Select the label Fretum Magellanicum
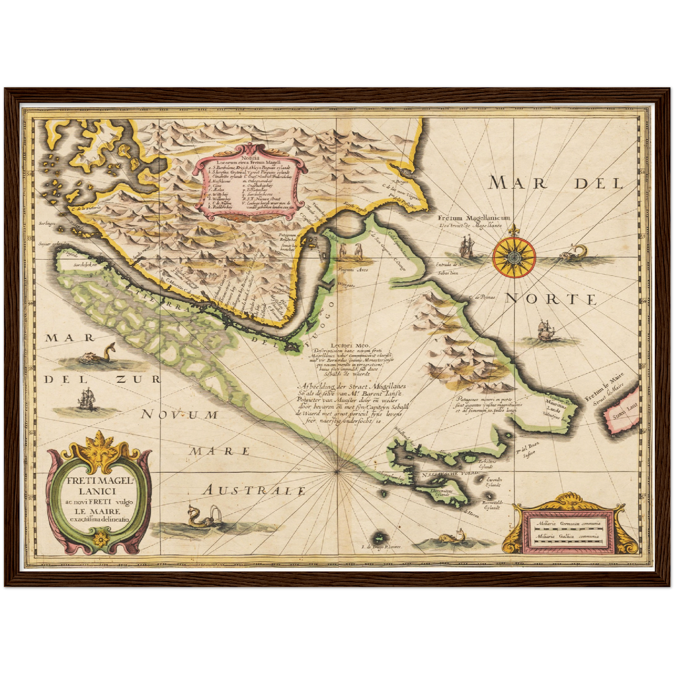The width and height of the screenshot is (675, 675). point(474,218)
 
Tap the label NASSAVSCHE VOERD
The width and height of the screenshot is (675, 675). point(450,474)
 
